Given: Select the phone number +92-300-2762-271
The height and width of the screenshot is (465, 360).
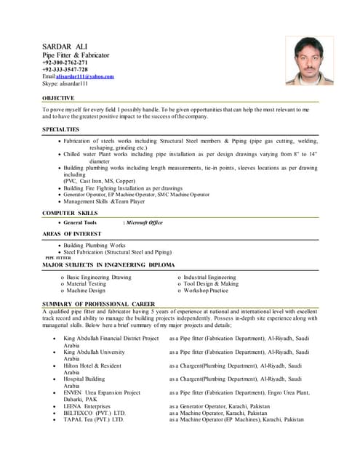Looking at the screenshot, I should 65,62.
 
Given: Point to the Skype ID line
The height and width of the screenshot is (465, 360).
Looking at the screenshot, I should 65,84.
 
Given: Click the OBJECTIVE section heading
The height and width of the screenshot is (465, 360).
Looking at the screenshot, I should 58,98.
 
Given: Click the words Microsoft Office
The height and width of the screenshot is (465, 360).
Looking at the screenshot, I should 145,222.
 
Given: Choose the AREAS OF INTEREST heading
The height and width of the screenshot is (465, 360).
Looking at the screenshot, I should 71,233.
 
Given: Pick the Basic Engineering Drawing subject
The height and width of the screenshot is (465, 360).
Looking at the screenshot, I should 99,278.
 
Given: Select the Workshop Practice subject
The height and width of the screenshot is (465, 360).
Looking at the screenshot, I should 206,291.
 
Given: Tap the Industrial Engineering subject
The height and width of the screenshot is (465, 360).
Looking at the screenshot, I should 209,278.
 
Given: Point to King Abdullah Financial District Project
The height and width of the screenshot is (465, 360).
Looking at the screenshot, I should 111,339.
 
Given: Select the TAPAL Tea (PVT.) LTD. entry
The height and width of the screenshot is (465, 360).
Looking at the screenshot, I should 94,419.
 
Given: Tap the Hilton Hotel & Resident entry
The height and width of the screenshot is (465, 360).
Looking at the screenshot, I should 92,365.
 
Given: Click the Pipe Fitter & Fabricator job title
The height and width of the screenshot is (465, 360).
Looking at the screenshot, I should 76,55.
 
